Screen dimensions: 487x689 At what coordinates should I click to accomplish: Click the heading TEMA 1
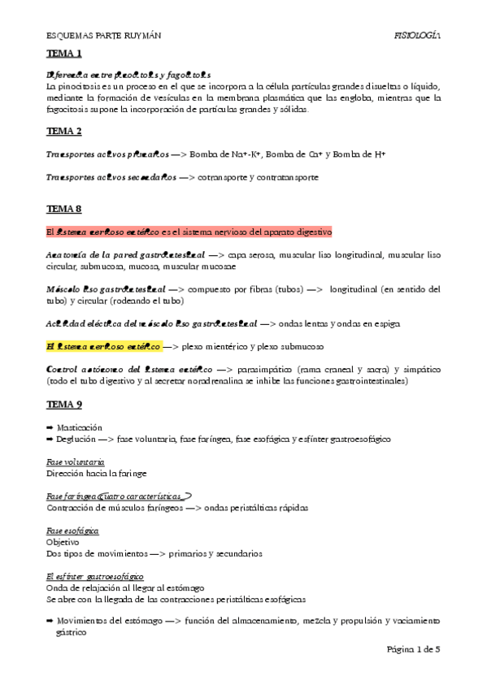[x=64, y=54]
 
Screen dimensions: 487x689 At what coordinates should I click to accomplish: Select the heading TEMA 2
[x=64, y=131]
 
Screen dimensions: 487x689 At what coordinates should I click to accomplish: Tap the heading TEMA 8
[x=64, y=209]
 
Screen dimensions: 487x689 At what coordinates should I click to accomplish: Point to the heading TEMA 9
[x=64, y=404]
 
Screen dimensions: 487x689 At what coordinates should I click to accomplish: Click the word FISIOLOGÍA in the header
[x=416, y=36]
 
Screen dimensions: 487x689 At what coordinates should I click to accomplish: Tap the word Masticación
[x=80, y=427]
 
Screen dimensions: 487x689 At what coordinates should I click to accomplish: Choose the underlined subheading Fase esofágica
[x=73, y=531]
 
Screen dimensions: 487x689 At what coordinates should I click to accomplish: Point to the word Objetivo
[x=63, y=542]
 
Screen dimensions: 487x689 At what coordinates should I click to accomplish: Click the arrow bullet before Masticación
[x=50, y=427]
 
